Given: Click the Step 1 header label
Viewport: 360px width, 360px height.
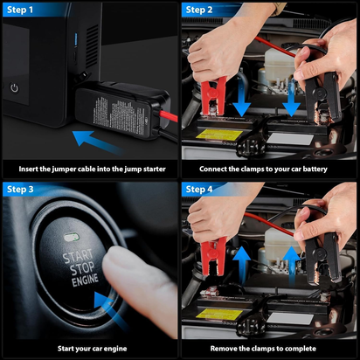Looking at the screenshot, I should click(x=23, y=10).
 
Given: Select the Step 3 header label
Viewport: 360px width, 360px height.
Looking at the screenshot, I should click(x=23, y=189).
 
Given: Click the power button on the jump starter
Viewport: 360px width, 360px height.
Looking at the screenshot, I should click(x=15, y=87).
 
